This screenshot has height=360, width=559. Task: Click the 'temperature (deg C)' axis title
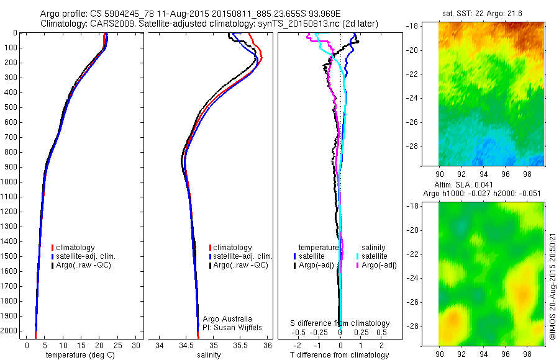click(x=79, y=355)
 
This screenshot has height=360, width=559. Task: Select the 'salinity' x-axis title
click(x=209, y=355)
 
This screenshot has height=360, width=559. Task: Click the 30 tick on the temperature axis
click(x=136, y=344)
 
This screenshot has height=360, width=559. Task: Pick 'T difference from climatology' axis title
click(x=339, y=355)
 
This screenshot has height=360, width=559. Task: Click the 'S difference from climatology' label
click(x=340, y=323)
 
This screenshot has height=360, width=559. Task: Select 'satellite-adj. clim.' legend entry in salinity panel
click(x=241, y=256)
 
